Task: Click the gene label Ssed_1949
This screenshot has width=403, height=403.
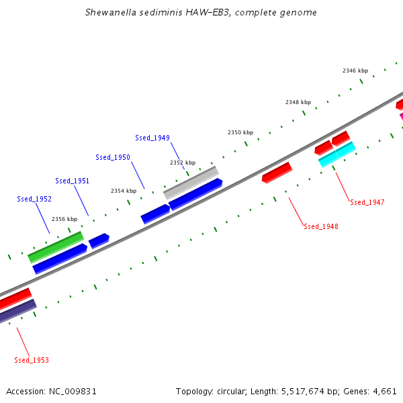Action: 152,138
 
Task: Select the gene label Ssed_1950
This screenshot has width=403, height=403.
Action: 113,157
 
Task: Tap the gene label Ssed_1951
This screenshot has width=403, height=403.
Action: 73,181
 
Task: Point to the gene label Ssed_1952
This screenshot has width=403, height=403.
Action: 34,199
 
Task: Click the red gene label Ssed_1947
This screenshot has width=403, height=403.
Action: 367,202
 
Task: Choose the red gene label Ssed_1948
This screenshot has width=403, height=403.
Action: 321,226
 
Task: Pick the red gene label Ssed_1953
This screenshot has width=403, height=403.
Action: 32,360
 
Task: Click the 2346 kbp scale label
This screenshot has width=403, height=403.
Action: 355,71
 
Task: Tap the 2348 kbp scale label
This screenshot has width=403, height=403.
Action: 298,102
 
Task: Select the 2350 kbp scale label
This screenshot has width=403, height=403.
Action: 240,132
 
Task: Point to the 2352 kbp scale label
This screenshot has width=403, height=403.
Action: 183,163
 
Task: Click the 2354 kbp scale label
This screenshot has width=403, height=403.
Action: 124,191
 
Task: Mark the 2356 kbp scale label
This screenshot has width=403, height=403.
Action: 64,219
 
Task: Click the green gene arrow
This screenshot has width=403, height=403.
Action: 56,247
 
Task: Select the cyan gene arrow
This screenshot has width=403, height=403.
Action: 337,154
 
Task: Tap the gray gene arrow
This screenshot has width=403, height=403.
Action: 191,182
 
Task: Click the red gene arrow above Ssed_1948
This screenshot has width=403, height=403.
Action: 277,172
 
